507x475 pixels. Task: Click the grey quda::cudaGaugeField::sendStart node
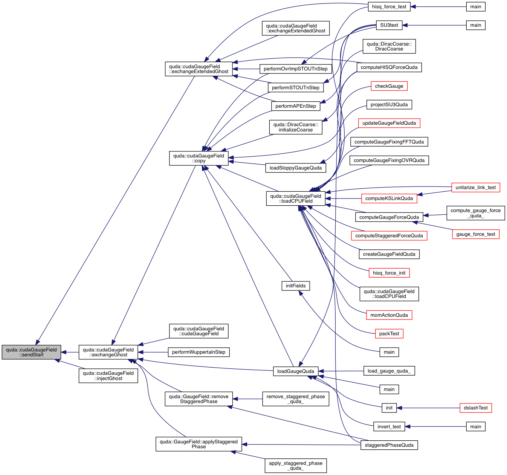pos(31,352)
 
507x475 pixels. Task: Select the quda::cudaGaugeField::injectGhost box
pos(108,376)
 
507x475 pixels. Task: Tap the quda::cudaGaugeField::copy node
pos(199,158)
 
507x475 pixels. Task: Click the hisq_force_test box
pos(389,7)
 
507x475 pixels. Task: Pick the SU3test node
pos(389,25)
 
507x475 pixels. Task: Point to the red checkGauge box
pos(389,86)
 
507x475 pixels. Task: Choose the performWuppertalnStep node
pos(199,352)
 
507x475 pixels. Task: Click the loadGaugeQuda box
pos(296,371)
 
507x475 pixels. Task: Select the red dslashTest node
pos(476,408)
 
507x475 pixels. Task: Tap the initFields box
pos(296,286)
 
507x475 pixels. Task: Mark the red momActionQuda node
pos(389,315)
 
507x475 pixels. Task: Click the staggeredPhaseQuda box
pos(389,445)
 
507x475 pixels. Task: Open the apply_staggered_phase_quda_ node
pos(296,466)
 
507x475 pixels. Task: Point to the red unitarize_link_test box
pos(476,188)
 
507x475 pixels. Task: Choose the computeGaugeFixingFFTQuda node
pos(389,142)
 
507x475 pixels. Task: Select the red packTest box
pos(389,334)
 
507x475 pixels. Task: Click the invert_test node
pos(389,427)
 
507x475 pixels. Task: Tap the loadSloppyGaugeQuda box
pos(296,168)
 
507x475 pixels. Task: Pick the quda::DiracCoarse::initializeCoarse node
pos(296,127)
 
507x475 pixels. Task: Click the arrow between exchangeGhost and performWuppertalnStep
pos(153,352)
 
